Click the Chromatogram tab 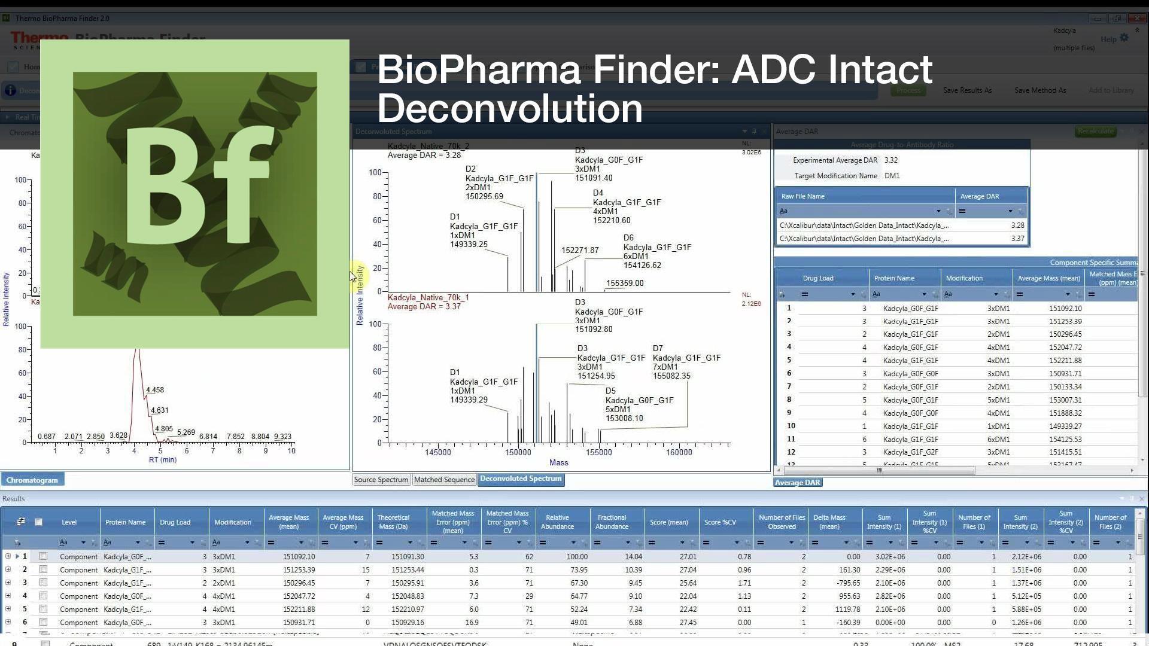coord(32,480)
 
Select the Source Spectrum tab coord(381,480)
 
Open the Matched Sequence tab coord(444,480)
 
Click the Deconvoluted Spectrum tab coord(521,479)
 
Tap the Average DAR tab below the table coord(797,483)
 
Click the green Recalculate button coord(1095,132)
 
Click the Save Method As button coord(1040,90)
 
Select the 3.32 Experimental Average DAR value coord(891,160)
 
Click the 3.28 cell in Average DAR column coord(1017,226)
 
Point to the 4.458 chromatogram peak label coord(155,390)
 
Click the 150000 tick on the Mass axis coord(518,453)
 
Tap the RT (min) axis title coord(163,460)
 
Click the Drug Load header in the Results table coord(175,522)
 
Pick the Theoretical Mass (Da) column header coord(393,522)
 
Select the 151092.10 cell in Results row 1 coord(299,557)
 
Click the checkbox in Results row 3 coord(43,583)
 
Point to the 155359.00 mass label coord(625,284)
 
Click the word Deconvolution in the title coord(510,108)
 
